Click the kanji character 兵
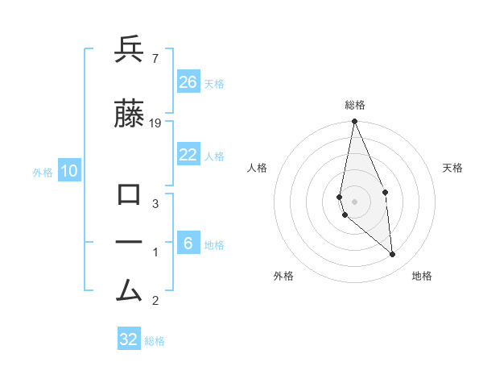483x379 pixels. [130, 50]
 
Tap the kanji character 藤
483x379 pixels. [130, 115]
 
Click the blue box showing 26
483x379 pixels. [188, 82]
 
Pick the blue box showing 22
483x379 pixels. [188, 155]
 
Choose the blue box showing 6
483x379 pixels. [188, 244]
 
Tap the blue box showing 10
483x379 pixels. [68, 171]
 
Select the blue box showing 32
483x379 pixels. [129, 339]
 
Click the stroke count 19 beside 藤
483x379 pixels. [156, 123]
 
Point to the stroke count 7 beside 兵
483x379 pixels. [155, 59]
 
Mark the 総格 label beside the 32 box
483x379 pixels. [155, 341]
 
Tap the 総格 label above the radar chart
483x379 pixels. [355, 105]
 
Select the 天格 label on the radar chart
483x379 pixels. [453, 168]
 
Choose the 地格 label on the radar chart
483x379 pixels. [422, 276]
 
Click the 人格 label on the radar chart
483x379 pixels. [258, 168]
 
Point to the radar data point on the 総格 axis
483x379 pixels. [355, 122]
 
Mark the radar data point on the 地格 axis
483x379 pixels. [393, 254]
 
